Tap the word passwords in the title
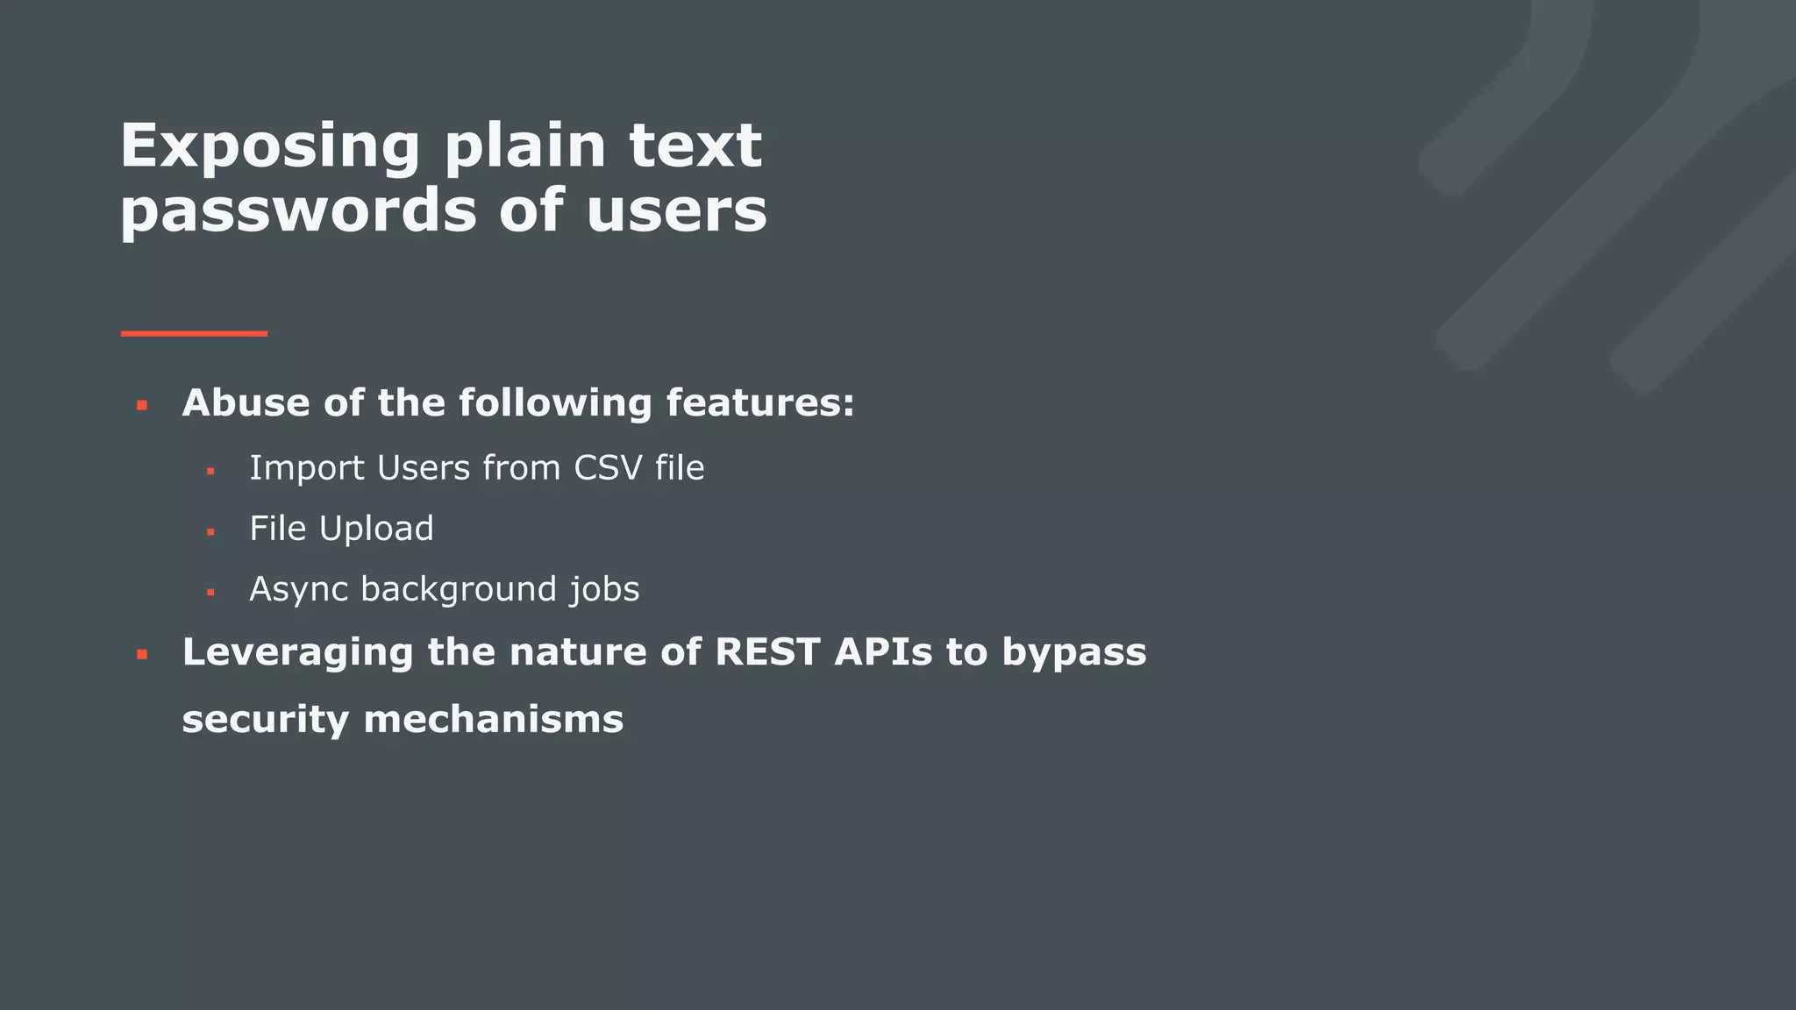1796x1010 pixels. point(298,211)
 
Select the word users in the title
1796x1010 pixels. point(676,211)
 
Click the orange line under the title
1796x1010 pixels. point(194,334)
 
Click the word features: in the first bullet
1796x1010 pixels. point(759,403)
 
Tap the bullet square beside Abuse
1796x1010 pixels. point(142,405)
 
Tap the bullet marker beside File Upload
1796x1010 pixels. point(210,532)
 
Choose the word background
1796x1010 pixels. point(458,589)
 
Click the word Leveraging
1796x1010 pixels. point(297,653)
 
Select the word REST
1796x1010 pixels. point(767,652)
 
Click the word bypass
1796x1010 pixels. point(1074,653)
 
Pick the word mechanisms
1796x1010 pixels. point(493,720)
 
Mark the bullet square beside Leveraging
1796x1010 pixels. point(142,654)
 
